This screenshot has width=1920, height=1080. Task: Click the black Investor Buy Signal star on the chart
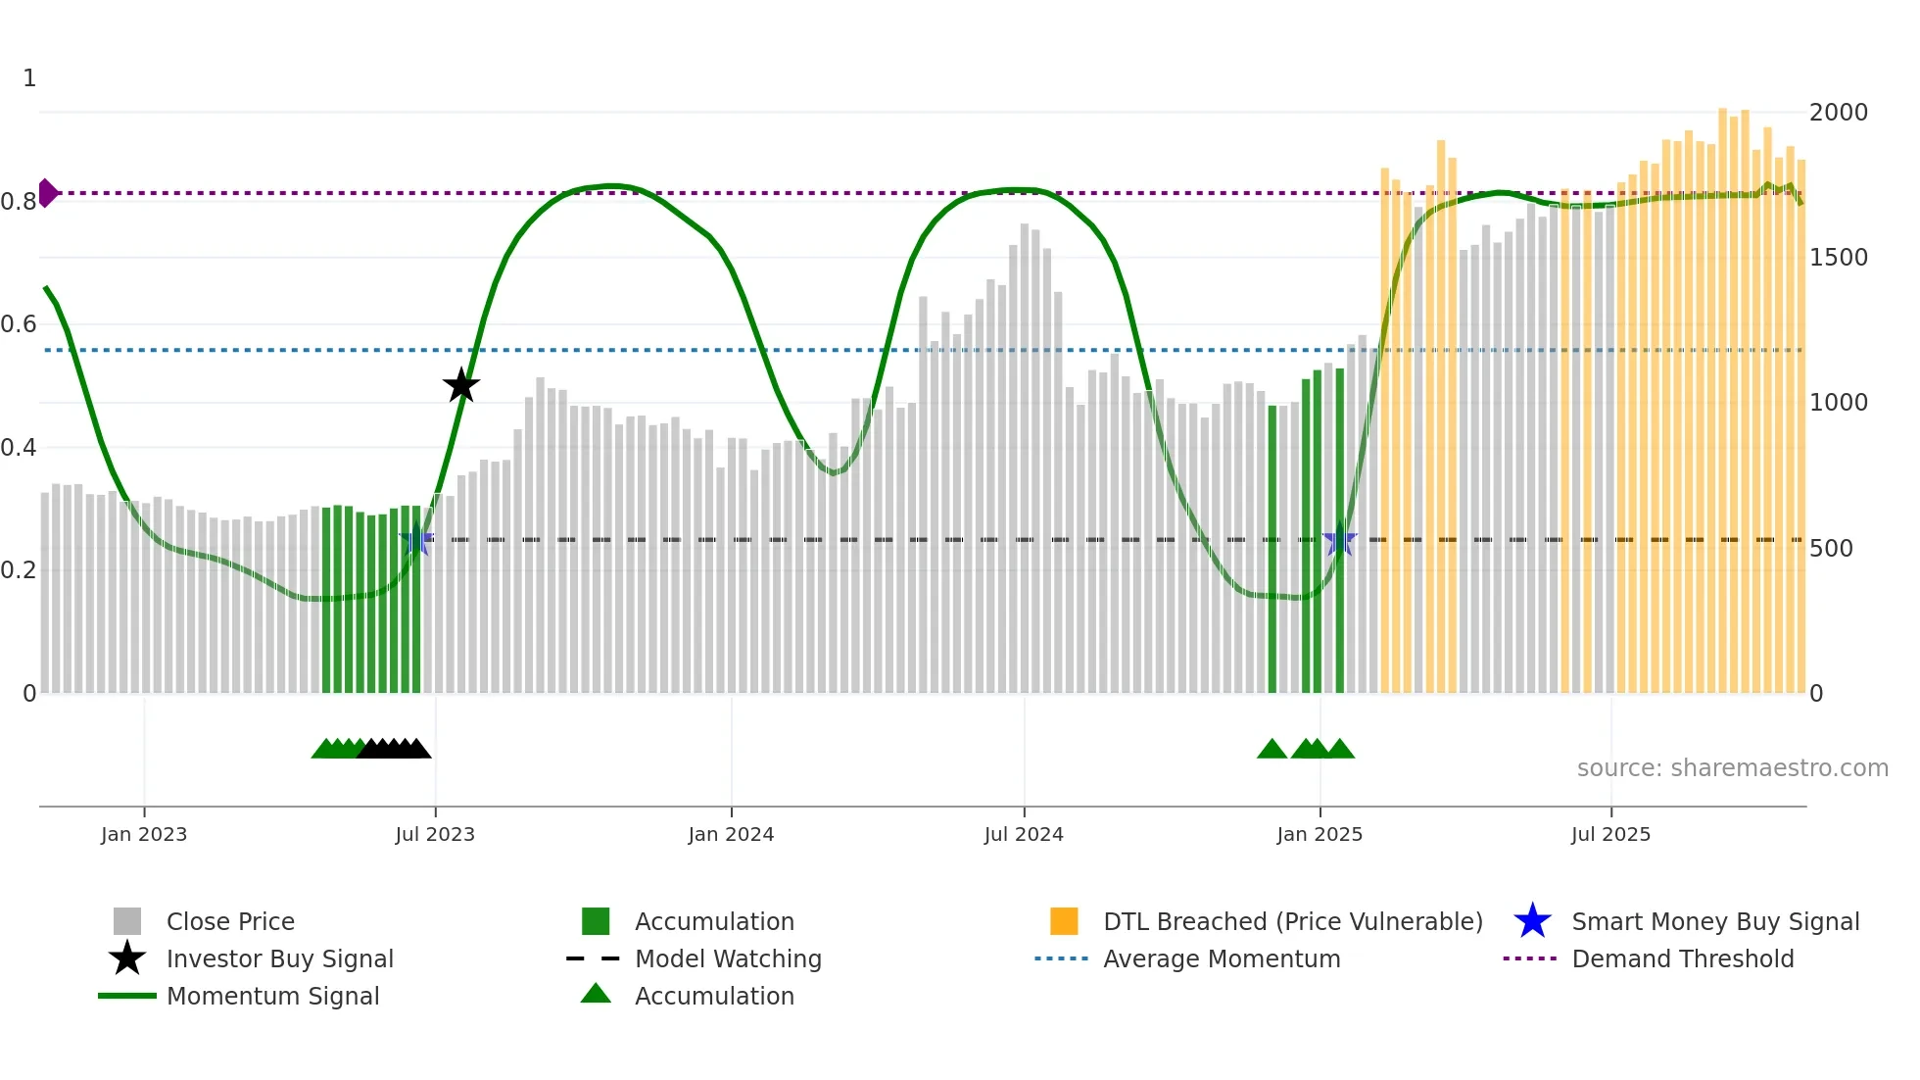coord(460,385)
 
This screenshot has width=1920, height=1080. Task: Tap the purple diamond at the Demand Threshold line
coord(47,193)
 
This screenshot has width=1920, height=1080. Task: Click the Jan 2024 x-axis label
coord(731,834)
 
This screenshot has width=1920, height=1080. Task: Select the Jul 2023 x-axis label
coord(435,834)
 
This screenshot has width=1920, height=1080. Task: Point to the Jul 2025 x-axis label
coord(1610,834)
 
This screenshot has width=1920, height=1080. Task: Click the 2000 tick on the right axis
coord(1838,113)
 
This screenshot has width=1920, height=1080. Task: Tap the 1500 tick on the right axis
coord(1838,258)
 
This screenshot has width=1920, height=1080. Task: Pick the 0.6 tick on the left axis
coord(19,324)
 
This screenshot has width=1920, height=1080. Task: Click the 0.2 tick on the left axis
coord(19,570)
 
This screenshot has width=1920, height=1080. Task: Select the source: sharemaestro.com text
coord(1732,768)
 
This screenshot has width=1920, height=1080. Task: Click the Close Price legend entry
coord(230,921)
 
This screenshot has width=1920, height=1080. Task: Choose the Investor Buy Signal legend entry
coord(279,958)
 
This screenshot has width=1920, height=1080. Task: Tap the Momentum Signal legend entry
coord(272,996)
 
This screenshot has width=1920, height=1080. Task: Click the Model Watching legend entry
coord(728,958)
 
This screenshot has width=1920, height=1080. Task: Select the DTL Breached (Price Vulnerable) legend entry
coord(1292,921)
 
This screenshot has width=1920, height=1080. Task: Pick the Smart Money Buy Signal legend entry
coord(1715,921)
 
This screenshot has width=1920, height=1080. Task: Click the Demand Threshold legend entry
coord(1682,958)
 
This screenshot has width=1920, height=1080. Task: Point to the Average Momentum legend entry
coord(1222,958)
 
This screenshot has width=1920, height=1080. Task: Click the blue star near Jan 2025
coord(1339,540)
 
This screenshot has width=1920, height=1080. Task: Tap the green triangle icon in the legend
coord(596,994)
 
